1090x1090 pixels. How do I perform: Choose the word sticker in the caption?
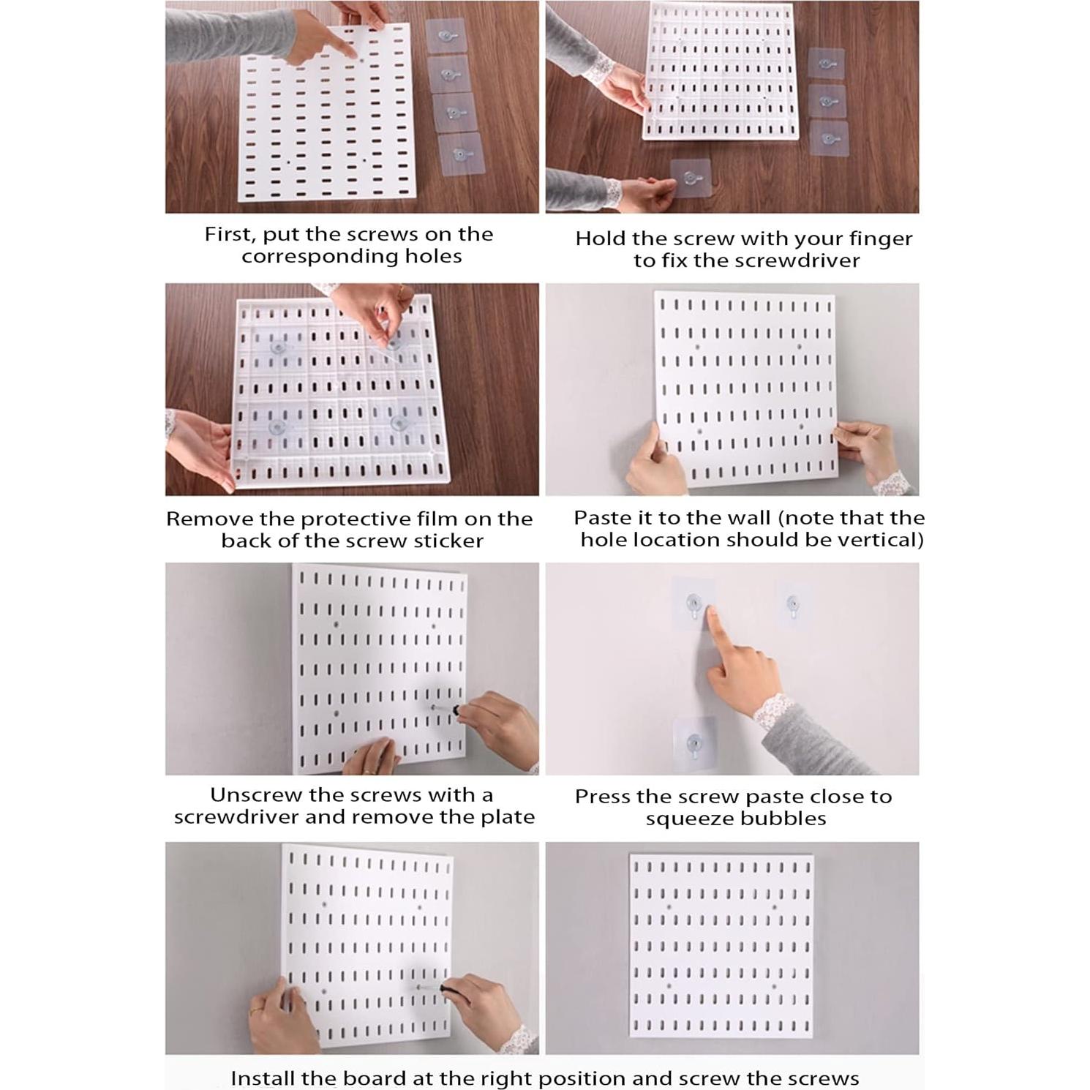(447, 541)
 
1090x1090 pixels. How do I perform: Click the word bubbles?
(789, 819)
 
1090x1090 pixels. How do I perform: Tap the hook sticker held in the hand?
(691, 178)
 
